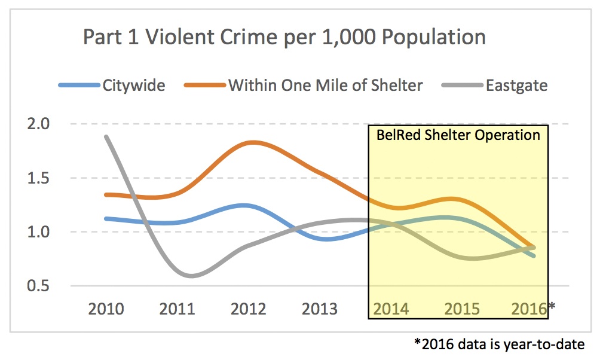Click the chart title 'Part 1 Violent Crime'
(284, 37)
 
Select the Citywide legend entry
(133, 85)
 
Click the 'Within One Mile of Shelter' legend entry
(325, 85)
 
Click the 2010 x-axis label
(106, 309)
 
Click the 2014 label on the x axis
(391, 309)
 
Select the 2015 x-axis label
(462, 309)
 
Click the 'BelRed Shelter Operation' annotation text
(458, 135)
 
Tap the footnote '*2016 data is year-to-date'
(498, 344)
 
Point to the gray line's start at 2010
(106, 137)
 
